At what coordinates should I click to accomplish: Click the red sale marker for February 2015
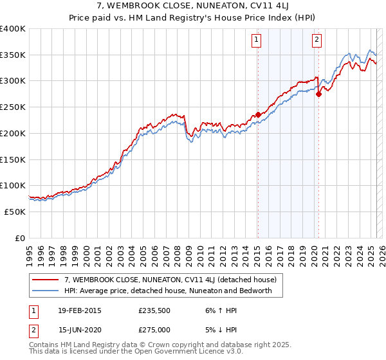pyautogui.click(x=258, y=114)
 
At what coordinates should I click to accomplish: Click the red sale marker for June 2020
pyautogui.click(x=318, y=94)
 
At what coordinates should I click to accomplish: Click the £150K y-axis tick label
pyautogui.click(x=13, y=159)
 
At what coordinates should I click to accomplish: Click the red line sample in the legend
pyautogui.click(x=45, y=280)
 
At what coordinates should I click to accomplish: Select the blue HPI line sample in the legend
pyautogui.click(x=45, y=291)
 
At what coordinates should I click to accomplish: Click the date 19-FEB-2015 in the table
pyautogui.click(x=79, y=310)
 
